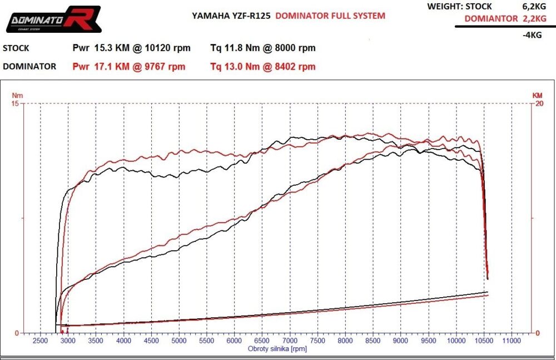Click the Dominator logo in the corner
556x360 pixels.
click(53, 19)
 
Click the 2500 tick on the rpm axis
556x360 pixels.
click(41, 340)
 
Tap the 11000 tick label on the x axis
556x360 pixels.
click(512, 340)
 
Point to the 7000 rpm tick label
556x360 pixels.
click(290, 340)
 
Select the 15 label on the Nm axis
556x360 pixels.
click(15, 103)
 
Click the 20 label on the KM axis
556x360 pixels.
click(538, 103)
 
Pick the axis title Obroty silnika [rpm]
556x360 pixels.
click(277, 349)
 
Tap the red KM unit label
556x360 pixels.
click(537, 96)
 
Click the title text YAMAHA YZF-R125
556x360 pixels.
click(231, 16)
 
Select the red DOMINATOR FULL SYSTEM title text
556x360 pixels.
click(330, 16)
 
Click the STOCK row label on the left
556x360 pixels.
click(16, 48)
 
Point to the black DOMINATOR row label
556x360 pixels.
click(29, 67)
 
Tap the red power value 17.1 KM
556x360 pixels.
click(105, 67)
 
